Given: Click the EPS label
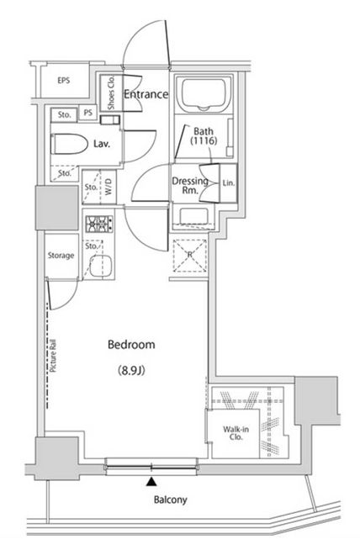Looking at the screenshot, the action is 64,81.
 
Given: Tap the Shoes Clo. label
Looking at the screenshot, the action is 111,92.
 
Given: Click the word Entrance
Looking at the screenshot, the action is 146,94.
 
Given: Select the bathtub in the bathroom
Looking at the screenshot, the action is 204,94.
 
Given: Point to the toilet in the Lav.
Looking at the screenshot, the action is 69,144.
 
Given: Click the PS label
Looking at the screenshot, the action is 88,113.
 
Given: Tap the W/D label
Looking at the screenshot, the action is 109,186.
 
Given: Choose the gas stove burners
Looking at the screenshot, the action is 99,224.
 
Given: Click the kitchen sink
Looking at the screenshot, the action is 101,266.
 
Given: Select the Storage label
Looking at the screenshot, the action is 61,255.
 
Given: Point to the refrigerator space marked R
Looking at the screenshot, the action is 190,256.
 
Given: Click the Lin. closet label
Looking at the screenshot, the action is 229,183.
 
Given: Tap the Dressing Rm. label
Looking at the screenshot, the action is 190,186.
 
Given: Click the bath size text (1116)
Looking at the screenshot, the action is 204,140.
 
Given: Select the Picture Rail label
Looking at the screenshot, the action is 54,356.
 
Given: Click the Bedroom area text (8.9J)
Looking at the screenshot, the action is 131,371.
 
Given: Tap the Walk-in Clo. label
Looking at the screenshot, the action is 236,433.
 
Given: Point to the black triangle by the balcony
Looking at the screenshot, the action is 151,481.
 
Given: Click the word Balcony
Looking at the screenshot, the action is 170,499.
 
